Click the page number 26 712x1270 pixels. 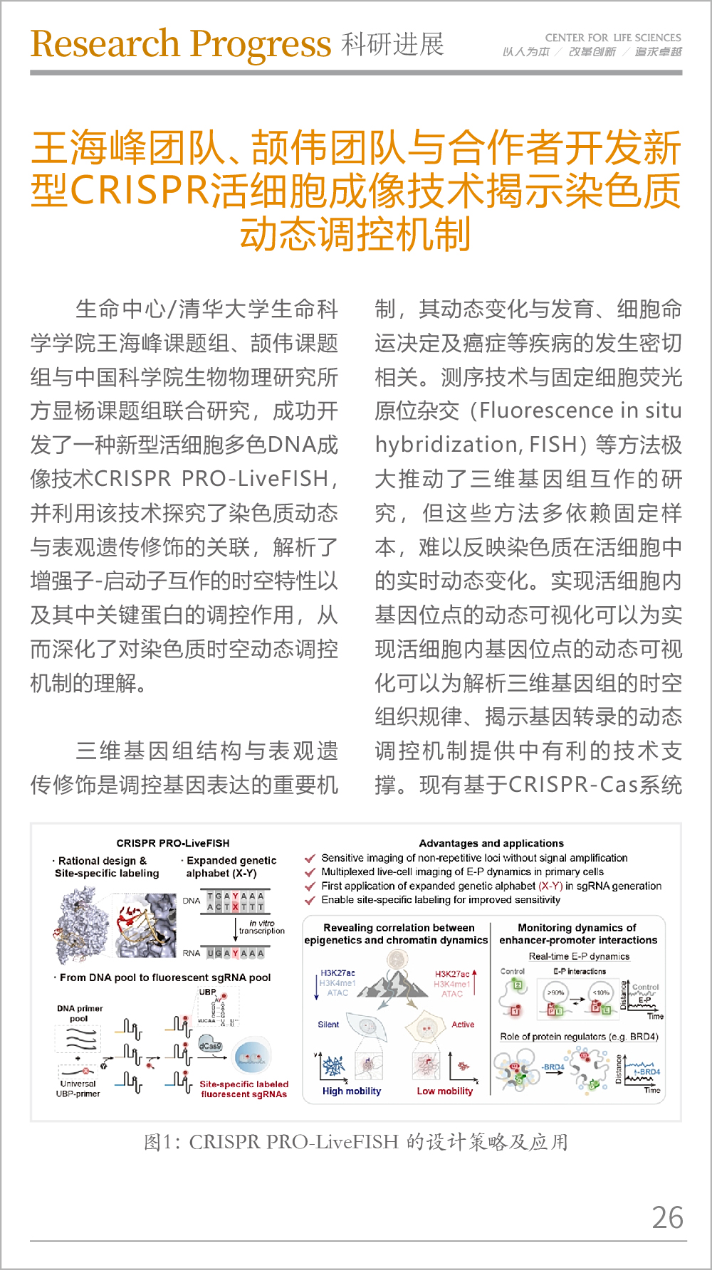[x=667, y=1217]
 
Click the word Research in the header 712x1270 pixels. [x=105, y=44]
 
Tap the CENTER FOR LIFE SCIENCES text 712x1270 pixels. [x=612, y=38]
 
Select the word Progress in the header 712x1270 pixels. [x=260, y=46]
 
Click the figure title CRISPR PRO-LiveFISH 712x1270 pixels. [x=173, y=843]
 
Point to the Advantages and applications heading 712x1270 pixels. [x=491, y=843]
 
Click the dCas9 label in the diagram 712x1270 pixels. [x=210, y=1046]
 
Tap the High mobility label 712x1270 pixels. [x=352, y=1091]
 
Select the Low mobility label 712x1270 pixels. [x=445, y=1091]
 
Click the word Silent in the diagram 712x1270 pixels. [x=328, y=1025]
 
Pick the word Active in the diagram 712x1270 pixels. [x=463, y=1025]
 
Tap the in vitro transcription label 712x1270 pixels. [x=261, y=926]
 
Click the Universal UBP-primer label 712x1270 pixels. [x=78, y=1089]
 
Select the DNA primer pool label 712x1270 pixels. [x=80, y=1013]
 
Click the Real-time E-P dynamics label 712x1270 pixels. [x=579, y=956]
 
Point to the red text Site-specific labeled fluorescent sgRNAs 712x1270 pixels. [x=244, y=1089]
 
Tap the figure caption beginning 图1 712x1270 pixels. [x=356, y=1142]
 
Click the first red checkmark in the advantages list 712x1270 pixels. [x=310, y=858]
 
